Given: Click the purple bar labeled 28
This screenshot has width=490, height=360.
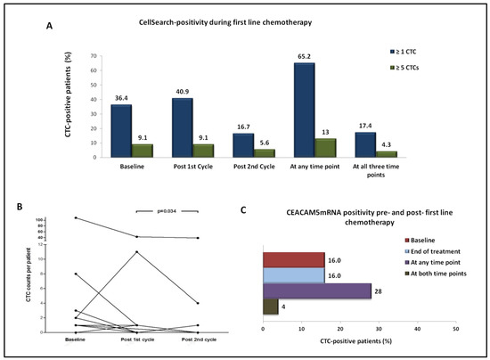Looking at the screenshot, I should (x=316, y=290).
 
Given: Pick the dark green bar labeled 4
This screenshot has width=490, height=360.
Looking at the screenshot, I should (x=270, y=307).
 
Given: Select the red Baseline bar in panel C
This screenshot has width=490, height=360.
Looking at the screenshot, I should (x=293, y=259).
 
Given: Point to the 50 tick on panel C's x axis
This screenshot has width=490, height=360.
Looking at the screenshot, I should (x=455, y=329).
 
